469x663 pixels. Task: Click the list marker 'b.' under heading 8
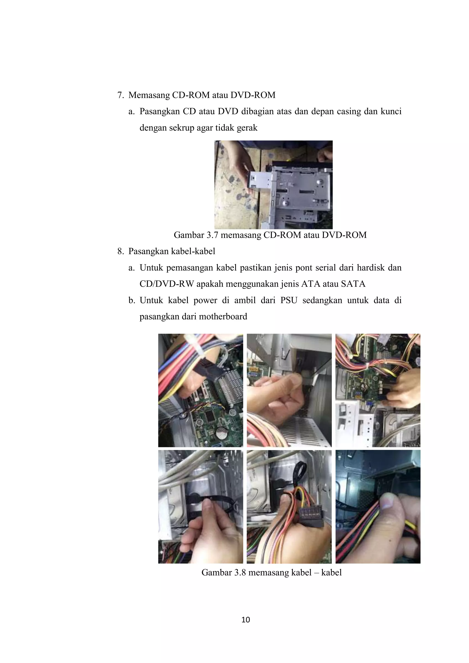[132, 301]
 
